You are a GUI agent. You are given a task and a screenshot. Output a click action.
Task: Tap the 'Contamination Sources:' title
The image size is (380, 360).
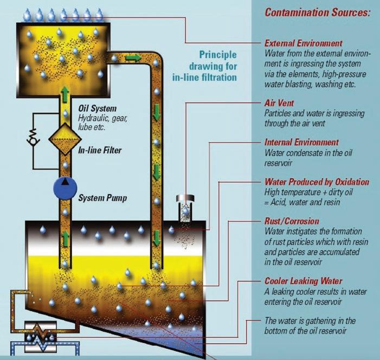click(x=317, y=12)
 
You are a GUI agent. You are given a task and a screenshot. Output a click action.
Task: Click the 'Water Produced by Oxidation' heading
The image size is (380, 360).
click(x=317, y=182)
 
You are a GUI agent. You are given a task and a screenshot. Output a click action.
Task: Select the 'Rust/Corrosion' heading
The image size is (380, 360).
click(x=292, y=222)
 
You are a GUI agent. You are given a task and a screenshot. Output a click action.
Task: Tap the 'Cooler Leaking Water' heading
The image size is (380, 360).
click(x=303, y=281)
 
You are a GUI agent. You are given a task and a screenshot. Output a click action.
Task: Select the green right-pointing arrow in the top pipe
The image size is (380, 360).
click(x=133, y=57)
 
